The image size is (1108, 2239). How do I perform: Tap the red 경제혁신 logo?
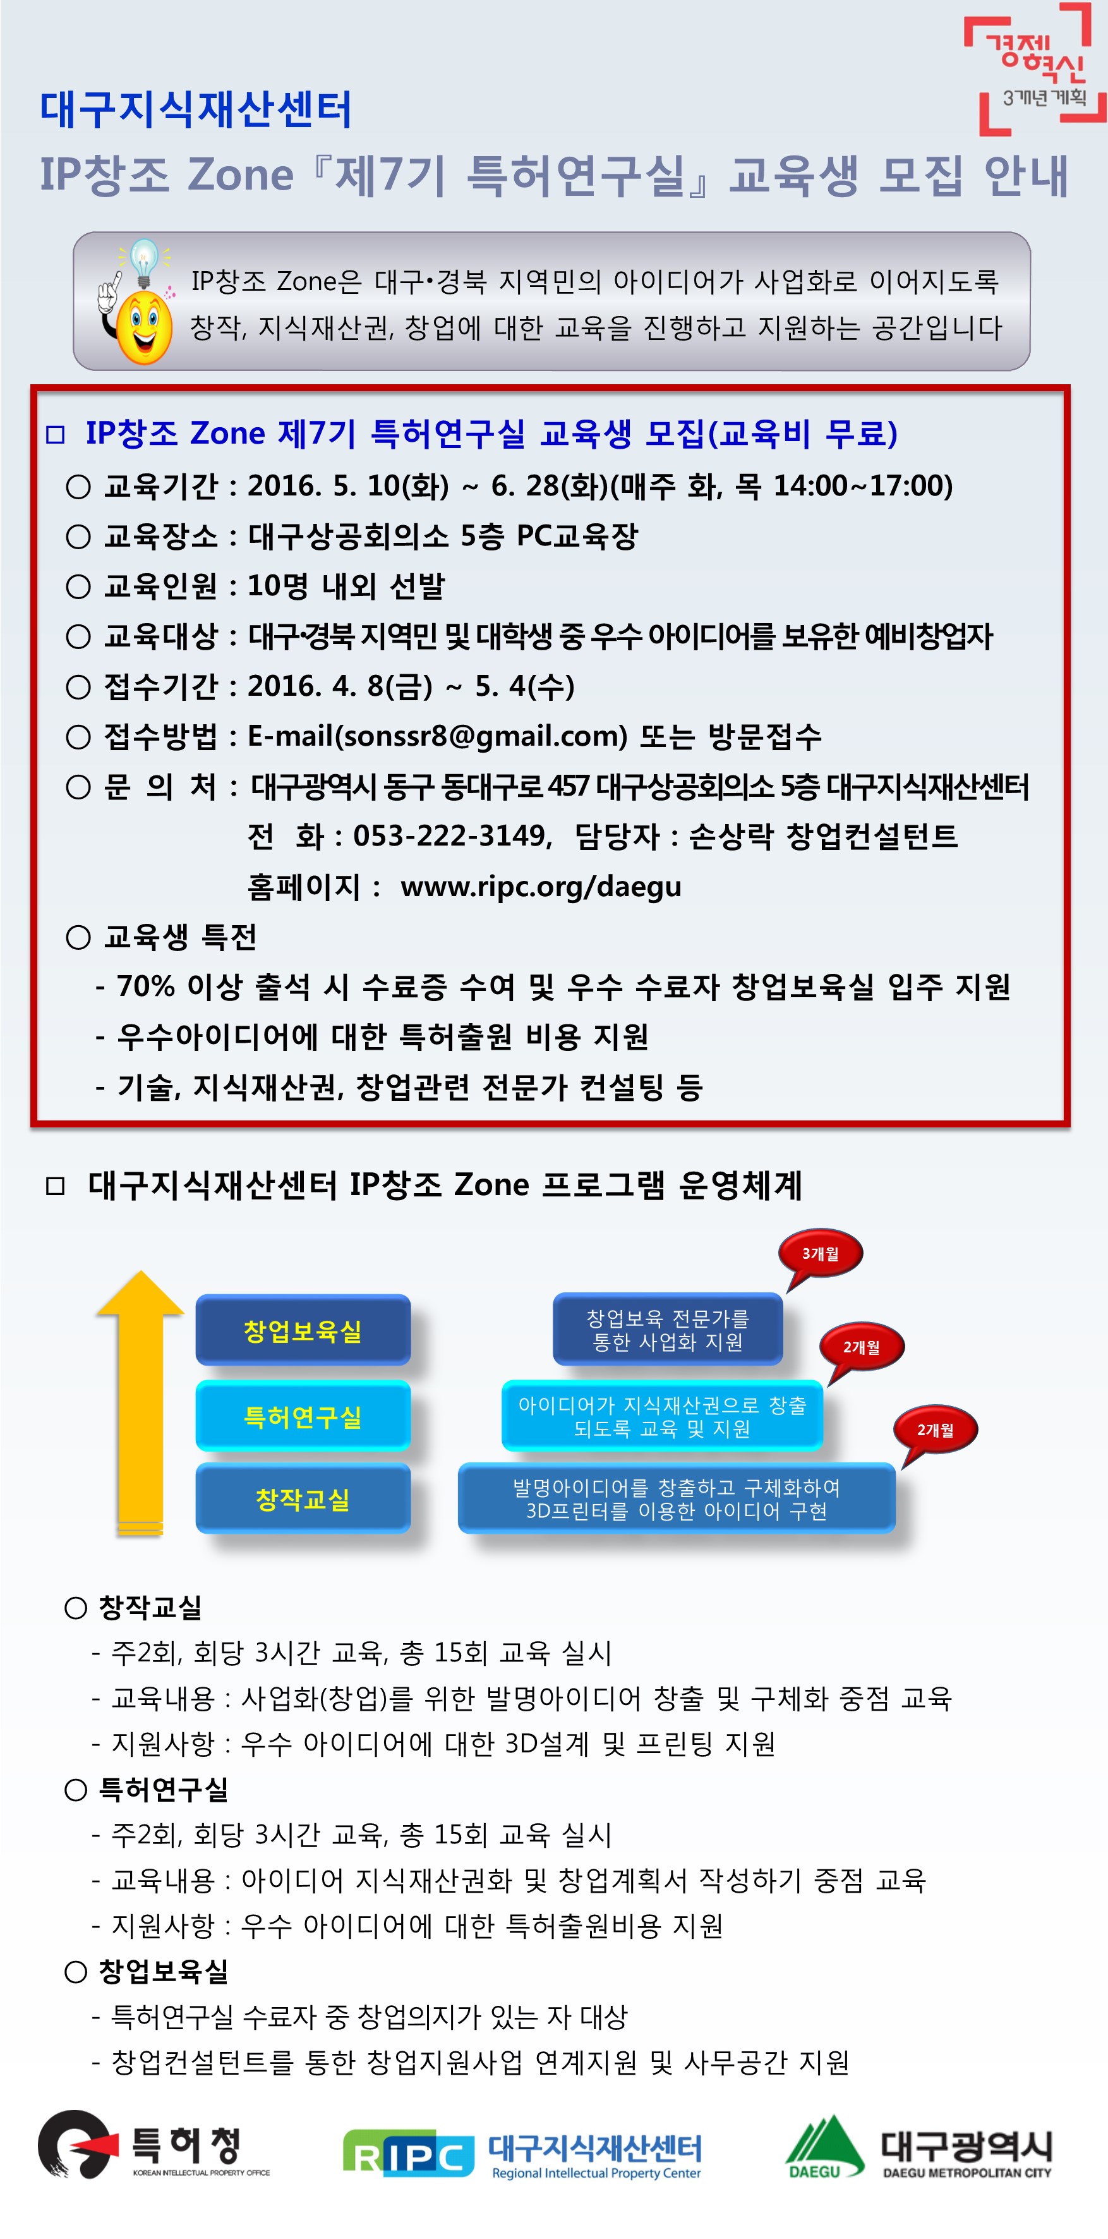click(x=1035, y=70)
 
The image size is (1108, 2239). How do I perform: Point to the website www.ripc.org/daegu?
click(x=541, y=887)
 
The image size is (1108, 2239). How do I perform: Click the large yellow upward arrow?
click(x=140, y=1403)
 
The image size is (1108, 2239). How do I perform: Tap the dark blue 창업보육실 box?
click(x=303, y=1330)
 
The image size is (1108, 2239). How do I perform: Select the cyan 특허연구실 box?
click(x=303, y=1416)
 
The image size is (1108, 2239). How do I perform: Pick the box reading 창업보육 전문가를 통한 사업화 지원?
click(x=668, y=1329)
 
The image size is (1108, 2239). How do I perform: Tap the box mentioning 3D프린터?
click(x=676, y=1498)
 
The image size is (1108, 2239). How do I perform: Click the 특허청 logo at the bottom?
click(x=153, y=2145)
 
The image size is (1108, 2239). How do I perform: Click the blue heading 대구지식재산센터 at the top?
click(x=196, y=109)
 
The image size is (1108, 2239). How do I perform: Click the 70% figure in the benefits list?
click(x=146, y=986)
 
